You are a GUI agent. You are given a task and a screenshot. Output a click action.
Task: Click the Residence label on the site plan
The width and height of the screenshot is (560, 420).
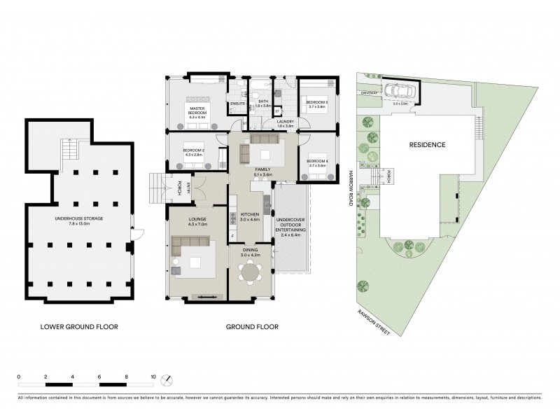click(x=427, y=145)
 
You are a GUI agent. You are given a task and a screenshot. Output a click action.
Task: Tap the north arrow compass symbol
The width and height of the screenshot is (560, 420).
click(x=166, y=379)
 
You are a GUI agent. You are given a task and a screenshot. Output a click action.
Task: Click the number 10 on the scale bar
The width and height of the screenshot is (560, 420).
click(x=153, y=377)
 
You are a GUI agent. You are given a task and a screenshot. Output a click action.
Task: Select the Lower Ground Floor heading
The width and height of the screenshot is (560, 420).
click(x=78, y=326)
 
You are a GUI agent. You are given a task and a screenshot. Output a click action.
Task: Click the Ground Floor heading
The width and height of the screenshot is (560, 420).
click(x=252, y=326)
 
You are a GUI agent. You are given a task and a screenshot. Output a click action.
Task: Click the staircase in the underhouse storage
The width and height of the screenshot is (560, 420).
click(x=69, y=149)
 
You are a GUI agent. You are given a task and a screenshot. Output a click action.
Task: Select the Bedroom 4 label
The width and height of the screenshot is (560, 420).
click(x=317, y=163)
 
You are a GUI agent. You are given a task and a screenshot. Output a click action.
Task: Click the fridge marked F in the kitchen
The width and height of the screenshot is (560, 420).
click(x=232, y=236)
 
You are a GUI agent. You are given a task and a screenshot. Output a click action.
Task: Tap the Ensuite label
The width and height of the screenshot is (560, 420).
click(x=237, y=105)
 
